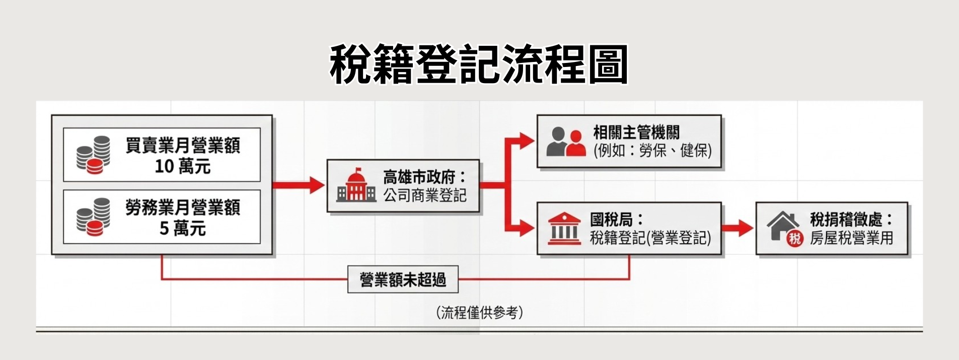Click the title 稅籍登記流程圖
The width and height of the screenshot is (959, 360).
coord(479,64)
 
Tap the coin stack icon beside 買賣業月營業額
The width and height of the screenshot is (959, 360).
coord(94,155)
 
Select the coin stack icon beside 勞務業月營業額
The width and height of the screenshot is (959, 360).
coord(94,217)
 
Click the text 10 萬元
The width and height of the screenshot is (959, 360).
coord(182,166)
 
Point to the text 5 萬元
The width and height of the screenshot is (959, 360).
coord(182,229)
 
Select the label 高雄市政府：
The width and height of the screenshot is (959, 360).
coord(424,177)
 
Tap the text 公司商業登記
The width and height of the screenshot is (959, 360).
coord(425,195)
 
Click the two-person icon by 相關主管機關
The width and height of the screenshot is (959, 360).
coord(566,141)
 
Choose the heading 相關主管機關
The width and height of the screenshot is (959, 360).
coord(636,132)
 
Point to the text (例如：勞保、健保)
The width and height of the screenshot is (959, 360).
coord(652,151)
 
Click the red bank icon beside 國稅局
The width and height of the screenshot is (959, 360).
coord(564,229)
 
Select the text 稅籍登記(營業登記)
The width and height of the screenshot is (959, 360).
coord(650,238)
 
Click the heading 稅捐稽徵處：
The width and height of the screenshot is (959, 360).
coord(851,220)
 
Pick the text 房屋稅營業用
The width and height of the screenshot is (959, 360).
coord(851,238)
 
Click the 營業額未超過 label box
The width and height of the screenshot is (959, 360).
coord(403,279)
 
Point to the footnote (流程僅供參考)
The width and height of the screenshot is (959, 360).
coord(480,313)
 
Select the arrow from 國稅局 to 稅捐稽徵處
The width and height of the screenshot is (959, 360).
coord(738,228)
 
